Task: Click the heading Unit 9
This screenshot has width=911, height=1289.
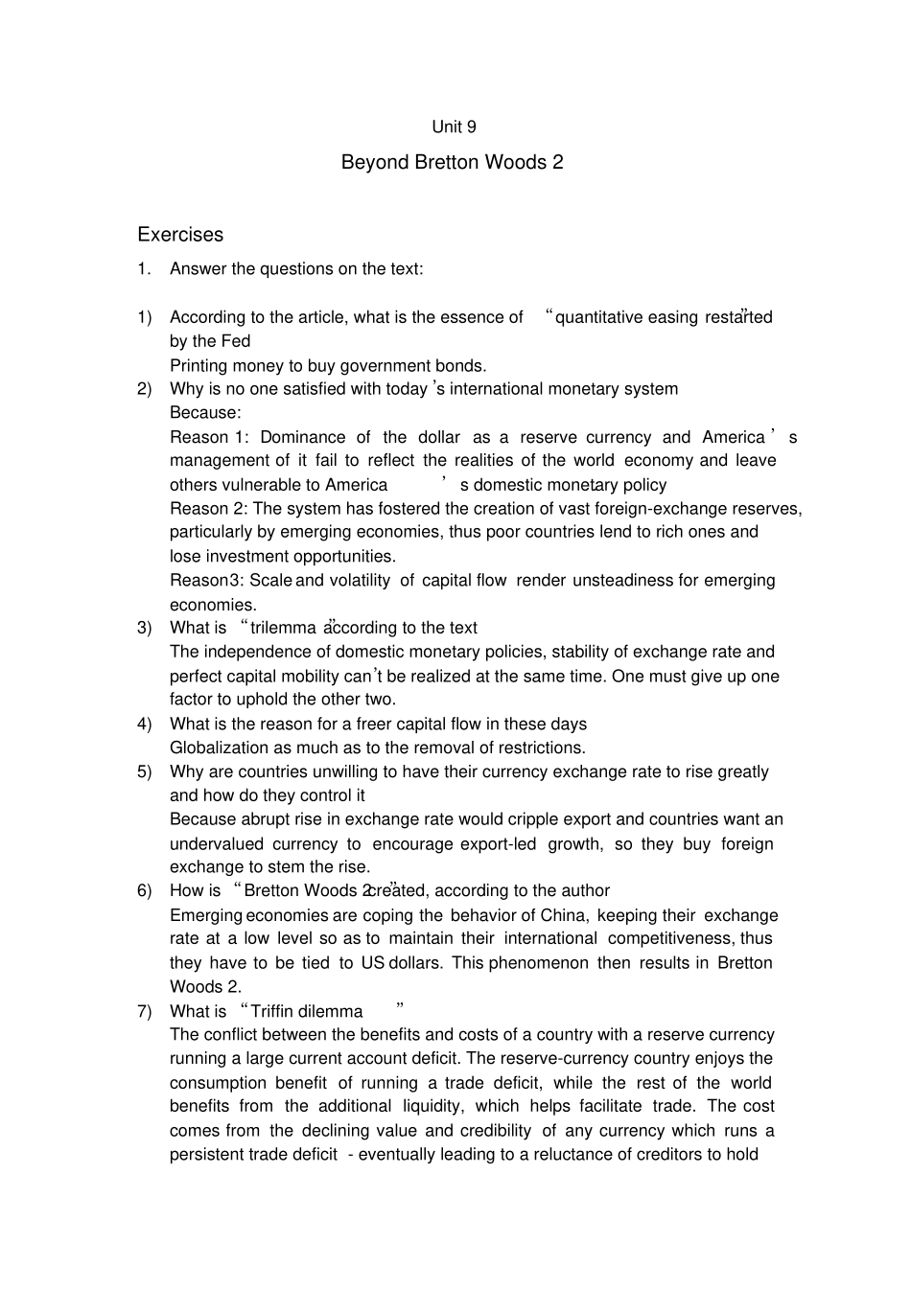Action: click(454, 127)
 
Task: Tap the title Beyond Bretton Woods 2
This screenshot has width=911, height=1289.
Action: click(452, 162)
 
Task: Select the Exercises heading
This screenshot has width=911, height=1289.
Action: click(180, 235)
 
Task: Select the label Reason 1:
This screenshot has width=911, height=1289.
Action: click(209, 437)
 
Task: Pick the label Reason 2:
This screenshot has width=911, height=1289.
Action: click(209, 508)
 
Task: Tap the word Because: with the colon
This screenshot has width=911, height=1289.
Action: click(205, 412)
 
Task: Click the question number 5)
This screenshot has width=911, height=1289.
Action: click(145, 771)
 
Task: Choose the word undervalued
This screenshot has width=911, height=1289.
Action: click(217, 843)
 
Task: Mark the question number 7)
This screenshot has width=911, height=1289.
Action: click(145, 1011)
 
